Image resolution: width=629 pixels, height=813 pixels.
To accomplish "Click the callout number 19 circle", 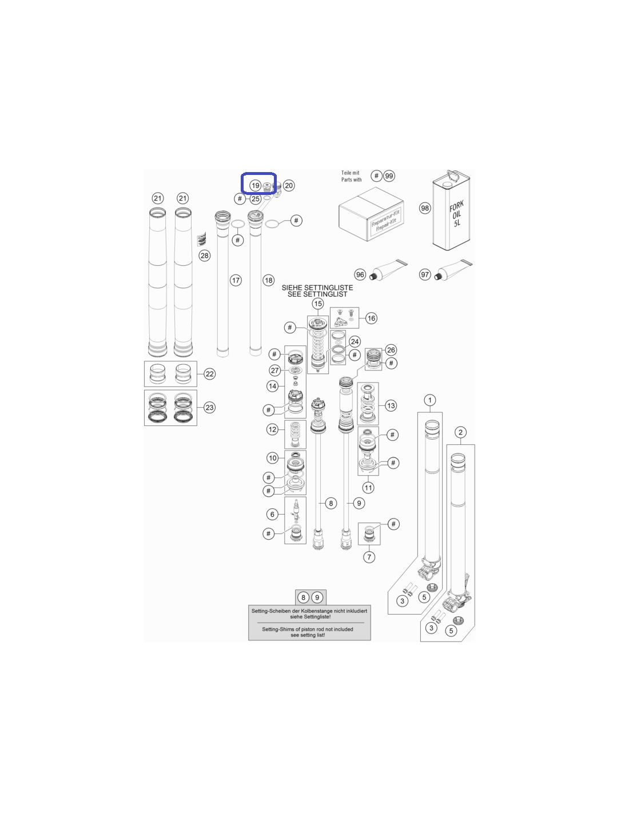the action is tap(255, 186).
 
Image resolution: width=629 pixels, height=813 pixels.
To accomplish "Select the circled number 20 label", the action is tap(289, 185).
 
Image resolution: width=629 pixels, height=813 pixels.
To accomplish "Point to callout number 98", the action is tap(425, 208).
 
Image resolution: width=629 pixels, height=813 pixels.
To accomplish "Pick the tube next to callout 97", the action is tap(453, 269).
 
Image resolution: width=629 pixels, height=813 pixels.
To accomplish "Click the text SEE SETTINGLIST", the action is tap(317, 294).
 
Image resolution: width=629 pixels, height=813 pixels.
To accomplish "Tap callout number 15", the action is tap(318, 304).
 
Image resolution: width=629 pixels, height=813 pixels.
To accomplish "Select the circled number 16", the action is tap(371, 318).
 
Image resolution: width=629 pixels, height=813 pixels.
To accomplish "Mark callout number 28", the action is tap(204, 256).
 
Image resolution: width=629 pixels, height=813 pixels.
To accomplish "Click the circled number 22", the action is tap(209, 374).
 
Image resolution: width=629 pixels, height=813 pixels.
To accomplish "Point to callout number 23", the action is tap(209, 408).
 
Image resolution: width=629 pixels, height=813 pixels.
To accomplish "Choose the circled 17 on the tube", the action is tap(236, 280).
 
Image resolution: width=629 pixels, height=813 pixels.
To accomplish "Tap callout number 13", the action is tap(391, 405).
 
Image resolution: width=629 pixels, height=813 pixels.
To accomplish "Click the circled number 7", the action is tap(369, 557).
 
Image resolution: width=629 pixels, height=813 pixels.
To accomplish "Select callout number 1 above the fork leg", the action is tap(429, 400).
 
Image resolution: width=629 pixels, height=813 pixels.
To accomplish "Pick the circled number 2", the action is tap(460, 432).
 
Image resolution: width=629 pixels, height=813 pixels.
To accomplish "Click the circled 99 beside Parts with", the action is tap(389, 176).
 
